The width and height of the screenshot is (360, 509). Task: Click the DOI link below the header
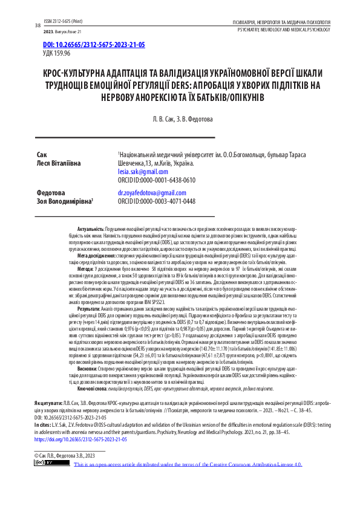(x=86, y=45)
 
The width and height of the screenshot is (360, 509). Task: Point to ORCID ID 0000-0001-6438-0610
(x=157, y=180)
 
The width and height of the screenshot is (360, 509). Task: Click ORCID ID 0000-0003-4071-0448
(x=157, y=201)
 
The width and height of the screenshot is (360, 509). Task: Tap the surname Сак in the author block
(x=42, y=155)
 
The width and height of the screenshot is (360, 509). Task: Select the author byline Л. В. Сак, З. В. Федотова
(x=180, y=119)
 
